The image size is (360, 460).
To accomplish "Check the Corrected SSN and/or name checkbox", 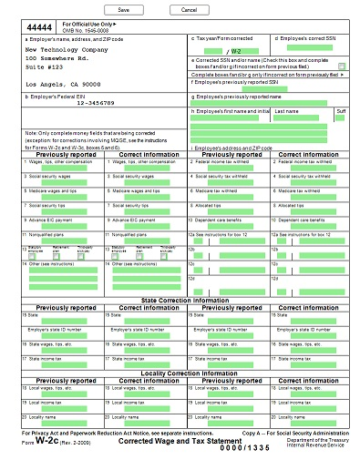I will pos(341,66).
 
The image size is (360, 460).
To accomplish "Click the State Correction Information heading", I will pos(180,300).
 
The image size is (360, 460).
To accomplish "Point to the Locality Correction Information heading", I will pos(180,373).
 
